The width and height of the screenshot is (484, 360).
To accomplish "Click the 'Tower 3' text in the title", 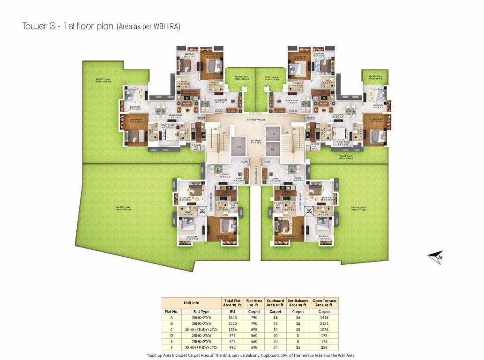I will click(37, 26).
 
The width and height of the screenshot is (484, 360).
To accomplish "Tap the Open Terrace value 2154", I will click(324, 323).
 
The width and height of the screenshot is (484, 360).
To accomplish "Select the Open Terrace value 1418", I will click(324, 317).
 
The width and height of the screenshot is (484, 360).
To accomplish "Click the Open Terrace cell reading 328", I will click(324, 348).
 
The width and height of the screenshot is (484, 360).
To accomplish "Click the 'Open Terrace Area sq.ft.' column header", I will click(324, 302).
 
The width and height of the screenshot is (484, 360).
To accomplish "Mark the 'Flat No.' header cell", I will click(171, 311).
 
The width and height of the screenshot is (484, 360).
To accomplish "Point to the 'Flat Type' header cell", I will click(201, 311).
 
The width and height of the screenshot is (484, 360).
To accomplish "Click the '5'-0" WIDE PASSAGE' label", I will click(253, 120).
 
